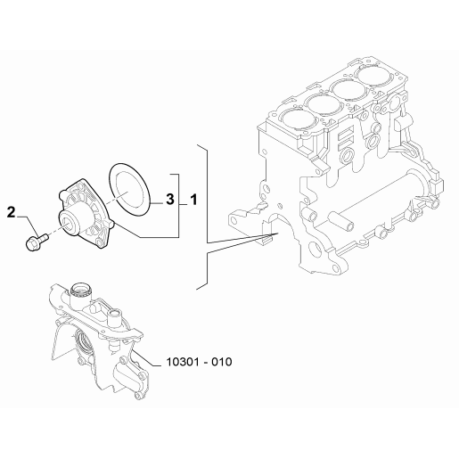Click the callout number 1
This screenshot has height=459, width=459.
(193, 200)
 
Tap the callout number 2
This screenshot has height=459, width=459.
(11, 212)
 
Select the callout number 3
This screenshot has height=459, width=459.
(170, 199)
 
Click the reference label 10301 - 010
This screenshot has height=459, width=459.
(199, 362)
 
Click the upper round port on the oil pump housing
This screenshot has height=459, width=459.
(81, 289)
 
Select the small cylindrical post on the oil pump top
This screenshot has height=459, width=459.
(115, 317)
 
